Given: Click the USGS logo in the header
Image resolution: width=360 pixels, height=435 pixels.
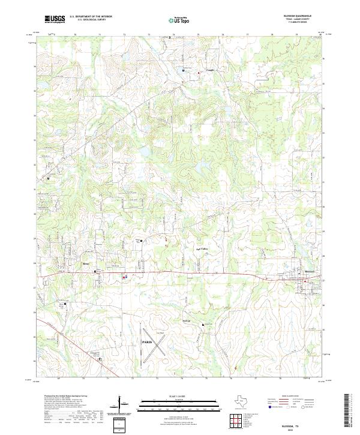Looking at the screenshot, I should click(x=55, y=19).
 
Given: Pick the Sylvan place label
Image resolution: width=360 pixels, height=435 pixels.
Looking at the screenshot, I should click(x=186, y=321).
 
